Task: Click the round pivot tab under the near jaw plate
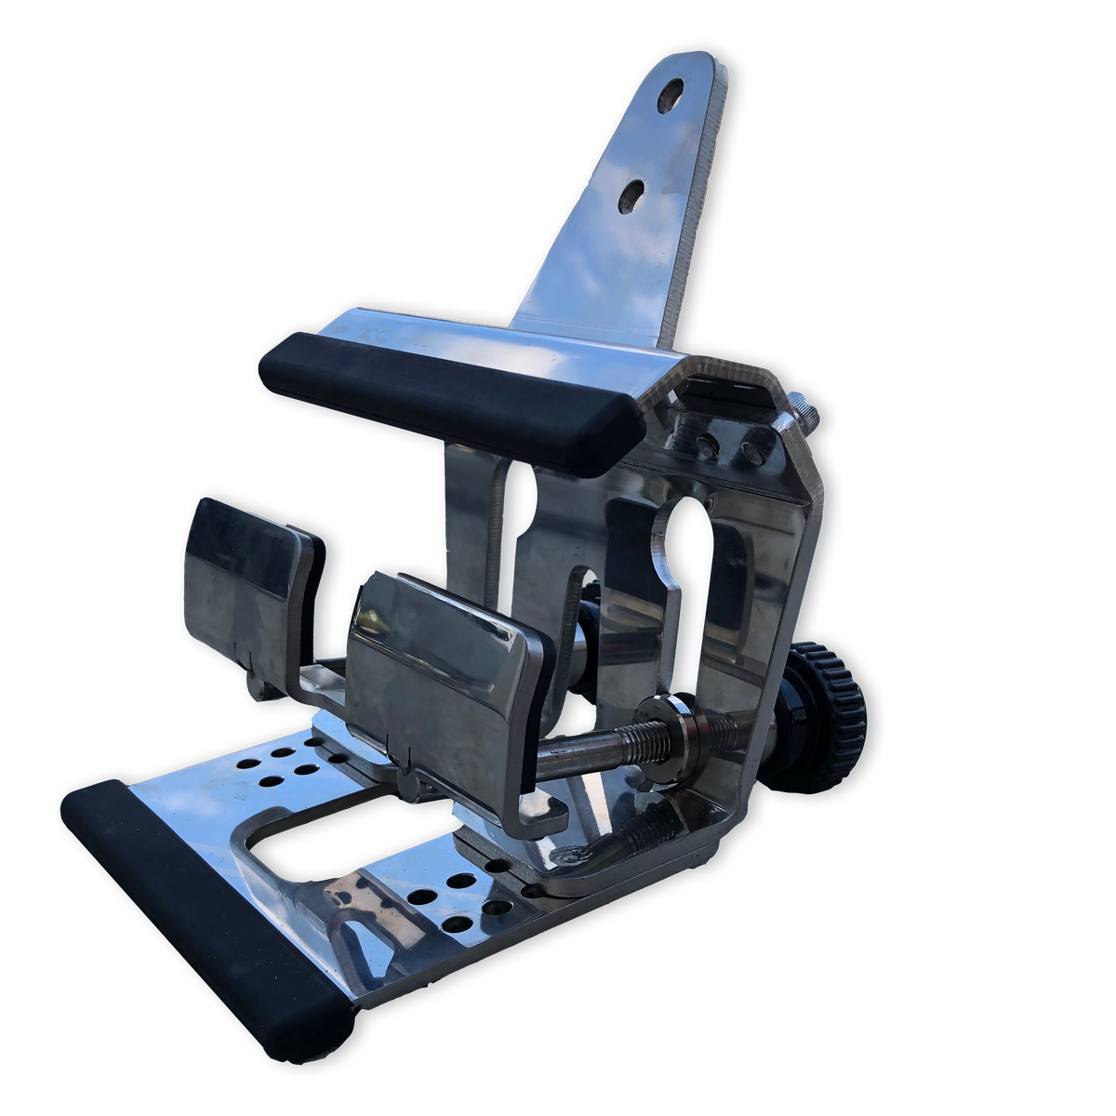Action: (x=409, y=786)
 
